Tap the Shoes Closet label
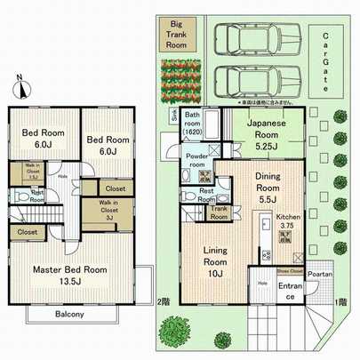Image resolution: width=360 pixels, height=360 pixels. click(x=288, y=272)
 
